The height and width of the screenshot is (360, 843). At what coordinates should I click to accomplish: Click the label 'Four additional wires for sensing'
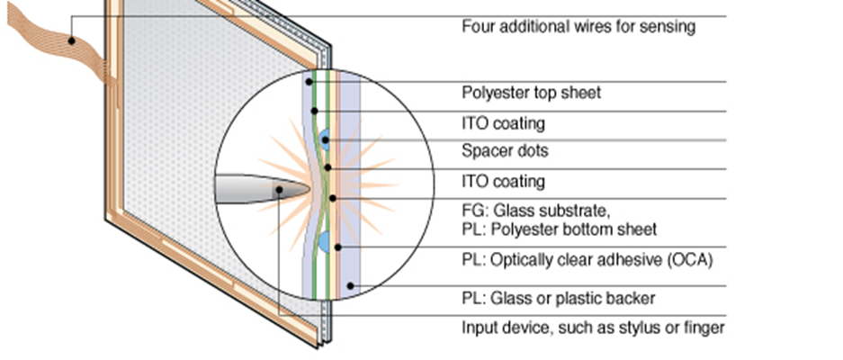coord(578,26)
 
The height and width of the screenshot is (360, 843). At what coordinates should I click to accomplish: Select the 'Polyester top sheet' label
coord(531,93)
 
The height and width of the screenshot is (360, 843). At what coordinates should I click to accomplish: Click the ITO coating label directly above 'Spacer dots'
coord(503,122)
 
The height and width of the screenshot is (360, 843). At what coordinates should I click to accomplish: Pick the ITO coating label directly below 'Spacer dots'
coord(503,181)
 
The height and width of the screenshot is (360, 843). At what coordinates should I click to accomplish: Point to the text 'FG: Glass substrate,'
coord(536,211)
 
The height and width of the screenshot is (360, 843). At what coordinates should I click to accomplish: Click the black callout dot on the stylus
coord(280,190)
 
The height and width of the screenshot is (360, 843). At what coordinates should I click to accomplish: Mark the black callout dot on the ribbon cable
coord(69,39)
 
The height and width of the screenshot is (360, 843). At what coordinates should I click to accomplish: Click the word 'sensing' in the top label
coord(668,26)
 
